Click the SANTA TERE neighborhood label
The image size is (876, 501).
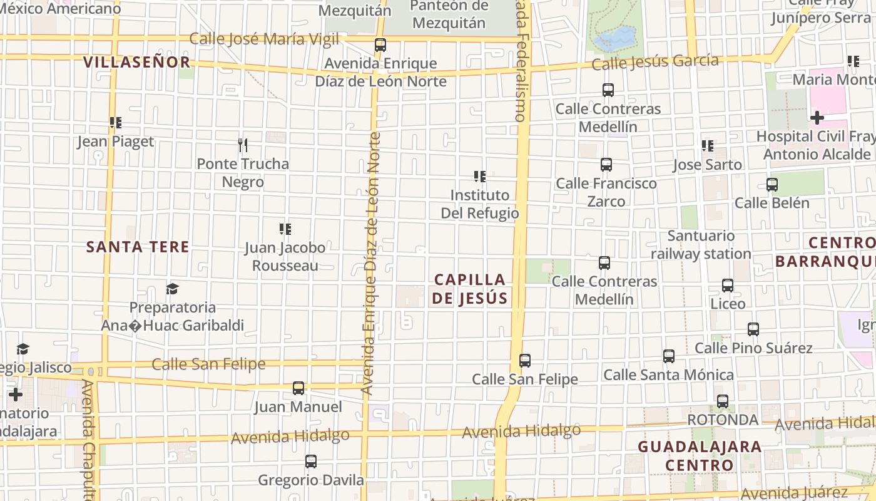click(x=138, y=247)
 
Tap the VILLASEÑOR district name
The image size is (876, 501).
click(x=136, y=62)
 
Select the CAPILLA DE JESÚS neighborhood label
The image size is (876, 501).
click(x=469, y=289)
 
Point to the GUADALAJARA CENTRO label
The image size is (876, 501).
click(x=699, y=456)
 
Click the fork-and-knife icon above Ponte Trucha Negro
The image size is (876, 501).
click(x=243, y=145)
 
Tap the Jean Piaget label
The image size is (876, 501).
click(x=115, y=142)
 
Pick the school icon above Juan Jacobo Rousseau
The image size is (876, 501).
click(x=285, y=229)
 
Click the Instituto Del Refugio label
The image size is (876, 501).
click(x=480, y=204)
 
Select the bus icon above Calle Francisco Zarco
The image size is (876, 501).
click(x=606, y=165)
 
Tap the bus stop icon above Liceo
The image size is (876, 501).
click(x=728, y=286)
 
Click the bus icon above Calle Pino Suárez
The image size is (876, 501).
click(x=753, y=329)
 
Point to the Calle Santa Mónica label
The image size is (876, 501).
click(x=668, y=374)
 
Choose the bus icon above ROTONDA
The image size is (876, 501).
click(x=723, y=401)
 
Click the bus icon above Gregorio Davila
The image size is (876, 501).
click(x=311, y=462)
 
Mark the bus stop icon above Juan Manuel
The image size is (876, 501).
click(x=298, y=388)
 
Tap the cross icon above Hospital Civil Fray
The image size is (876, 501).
click(x=817, y=118)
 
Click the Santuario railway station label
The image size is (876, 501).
click(x=701, y=245)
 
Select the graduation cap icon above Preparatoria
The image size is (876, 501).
click(x=172, y=289)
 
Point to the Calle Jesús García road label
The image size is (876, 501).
click(x=654, y=62)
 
